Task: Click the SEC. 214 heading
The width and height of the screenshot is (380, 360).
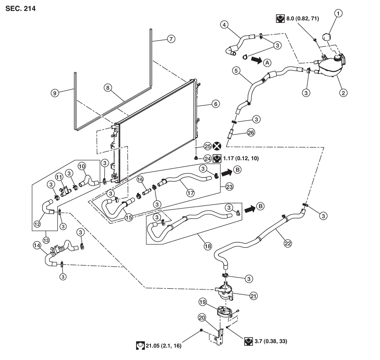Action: coord(21,8)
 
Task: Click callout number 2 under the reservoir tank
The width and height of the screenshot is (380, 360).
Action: coord(343,92)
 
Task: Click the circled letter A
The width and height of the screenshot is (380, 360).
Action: coord(267,62)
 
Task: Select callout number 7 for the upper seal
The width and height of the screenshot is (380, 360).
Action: coord(171,39)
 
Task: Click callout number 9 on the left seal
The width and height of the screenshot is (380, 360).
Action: coord(55,93)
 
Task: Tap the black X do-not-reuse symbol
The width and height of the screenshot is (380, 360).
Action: coord(217,146)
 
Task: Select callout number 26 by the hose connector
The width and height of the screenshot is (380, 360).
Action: coord(251,132)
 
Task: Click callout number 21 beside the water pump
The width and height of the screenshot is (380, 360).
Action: coord(254,296)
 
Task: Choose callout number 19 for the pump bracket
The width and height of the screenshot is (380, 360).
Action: coord(202,302)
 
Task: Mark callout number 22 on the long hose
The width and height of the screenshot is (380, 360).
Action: coord(287,244)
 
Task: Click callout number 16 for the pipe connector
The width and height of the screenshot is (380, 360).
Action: coord(140,179)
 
